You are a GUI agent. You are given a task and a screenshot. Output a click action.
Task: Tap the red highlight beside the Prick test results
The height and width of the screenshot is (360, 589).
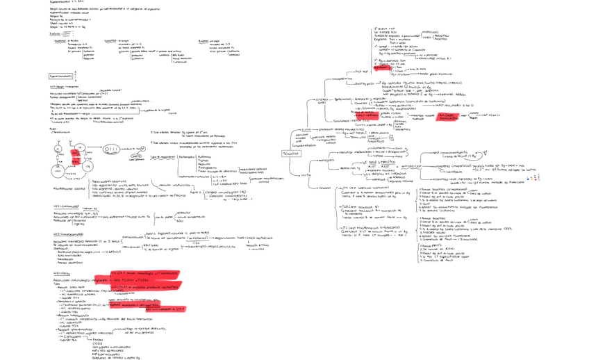(x=381, y=68)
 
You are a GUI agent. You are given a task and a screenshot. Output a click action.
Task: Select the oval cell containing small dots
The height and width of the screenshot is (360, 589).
(x=112, y=149)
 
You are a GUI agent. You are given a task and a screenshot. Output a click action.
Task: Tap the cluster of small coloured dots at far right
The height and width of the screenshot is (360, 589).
(x=533, y=178)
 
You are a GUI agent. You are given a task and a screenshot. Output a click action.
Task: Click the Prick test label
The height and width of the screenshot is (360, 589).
(x=360, y=72)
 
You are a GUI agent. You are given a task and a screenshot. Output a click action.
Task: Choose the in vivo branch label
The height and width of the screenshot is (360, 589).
(x=306, y=130)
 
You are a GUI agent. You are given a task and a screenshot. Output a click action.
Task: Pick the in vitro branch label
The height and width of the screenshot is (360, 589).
(x=306, y=174)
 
